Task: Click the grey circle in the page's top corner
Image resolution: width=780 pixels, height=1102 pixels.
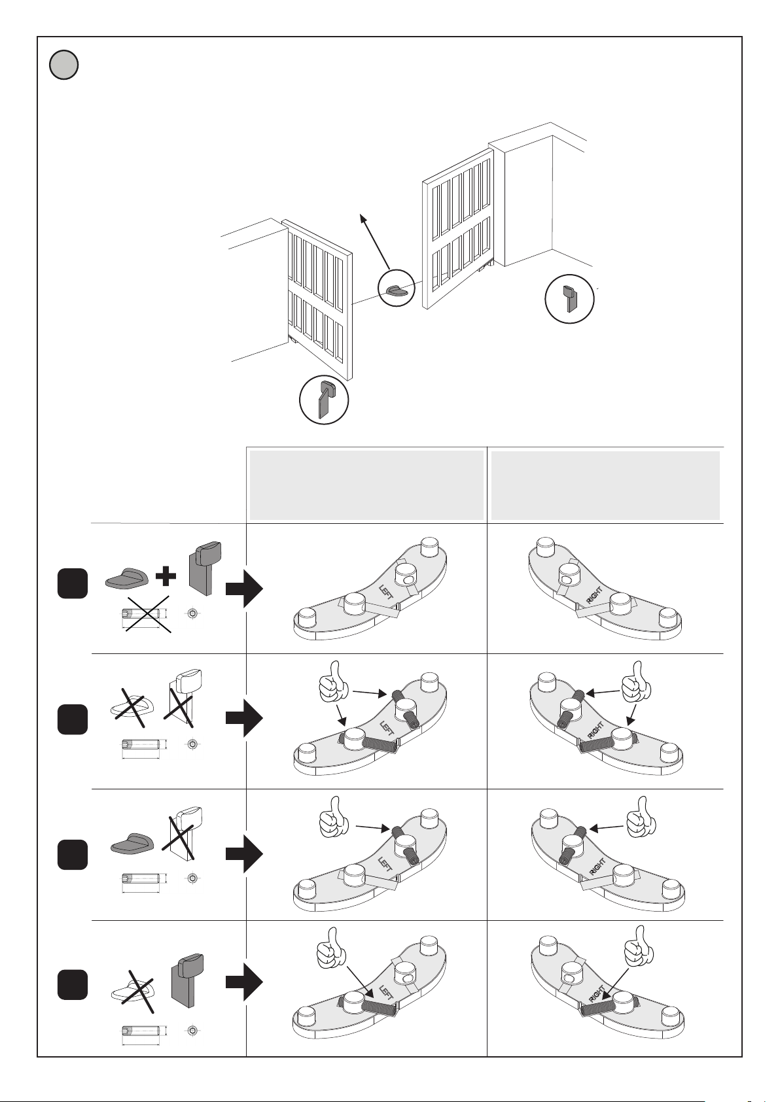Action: click(63, 65)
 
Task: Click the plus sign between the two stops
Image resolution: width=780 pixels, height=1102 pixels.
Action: click(167, 576)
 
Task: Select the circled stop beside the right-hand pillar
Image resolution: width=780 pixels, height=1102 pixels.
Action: click(569, 299)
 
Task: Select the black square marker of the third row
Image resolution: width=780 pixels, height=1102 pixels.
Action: click(72, 855)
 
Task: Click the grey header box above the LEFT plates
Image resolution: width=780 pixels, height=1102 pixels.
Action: click(366, 485)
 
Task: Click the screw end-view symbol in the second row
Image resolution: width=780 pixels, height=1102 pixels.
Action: click(192, 744)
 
